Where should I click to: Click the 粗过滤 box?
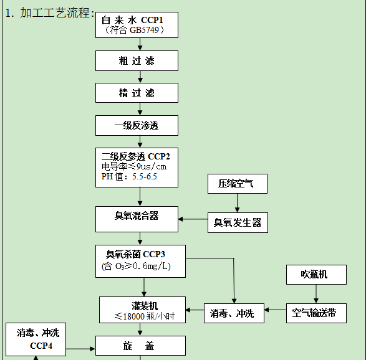click(137, 61)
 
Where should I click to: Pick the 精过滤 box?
click(137, 93)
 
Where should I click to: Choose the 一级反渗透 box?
click(137, 125)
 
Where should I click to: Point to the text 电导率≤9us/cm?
click(134, 166)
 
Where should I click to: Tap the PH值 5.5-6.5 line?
click(129, 176)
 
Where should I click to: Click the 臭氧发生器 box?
click(238, 222)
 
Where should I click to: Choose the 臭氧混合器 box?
click(137, 216)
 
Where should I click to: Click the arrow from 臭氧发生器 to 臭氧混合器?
click(193, 219)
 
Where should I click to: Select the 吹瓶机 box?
click(315, 274)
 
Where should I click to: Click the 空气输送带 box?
click(315, 313)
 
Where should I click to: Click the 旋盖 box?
click(140, 346)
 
